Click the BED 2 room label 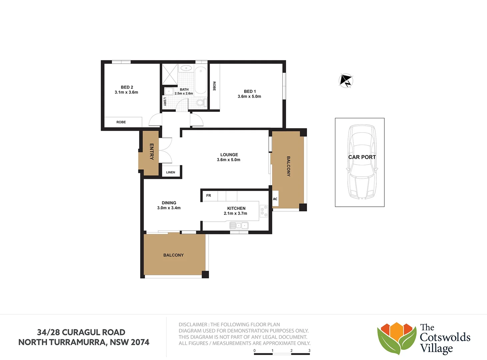pos(127,87)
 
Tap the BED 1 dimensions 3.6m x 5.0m pos(249,96)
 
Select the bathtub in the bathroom pos(201,80)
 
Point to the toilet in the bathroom pos(200,102)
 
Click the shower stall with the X pos(170,74)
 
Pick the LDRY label pos(165,102)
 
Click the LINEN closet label pos(170,172)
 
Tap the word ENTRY pos(152,151)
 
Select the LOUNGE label pos(229,155)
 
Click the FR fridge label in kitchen pos(208,196)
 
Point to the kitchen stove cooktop pos(264,211)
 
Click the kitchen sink pos(239,226)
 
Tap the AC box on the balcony pos(275,199)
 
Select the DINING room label pos(169,203)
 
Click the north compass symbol pos(346,80)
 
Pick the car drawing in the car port pos(362,162)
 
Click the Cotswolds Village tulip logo pos(397,338)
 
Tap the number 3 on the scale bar pos(309,350)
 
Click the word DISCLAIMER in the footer pos(193,324)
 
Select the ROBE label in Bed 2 pos(121,122)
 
